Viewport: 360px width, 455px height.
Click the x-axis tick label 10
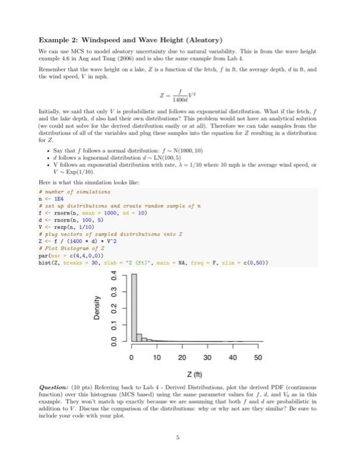157,358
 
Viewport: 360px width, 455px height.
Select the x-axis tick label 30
207,358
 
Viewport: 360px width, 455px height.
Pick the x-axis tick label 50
258,358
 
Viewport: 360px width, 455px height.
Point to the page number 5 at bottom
179,437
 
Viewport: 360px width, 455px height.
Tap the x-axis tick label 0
131,358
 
